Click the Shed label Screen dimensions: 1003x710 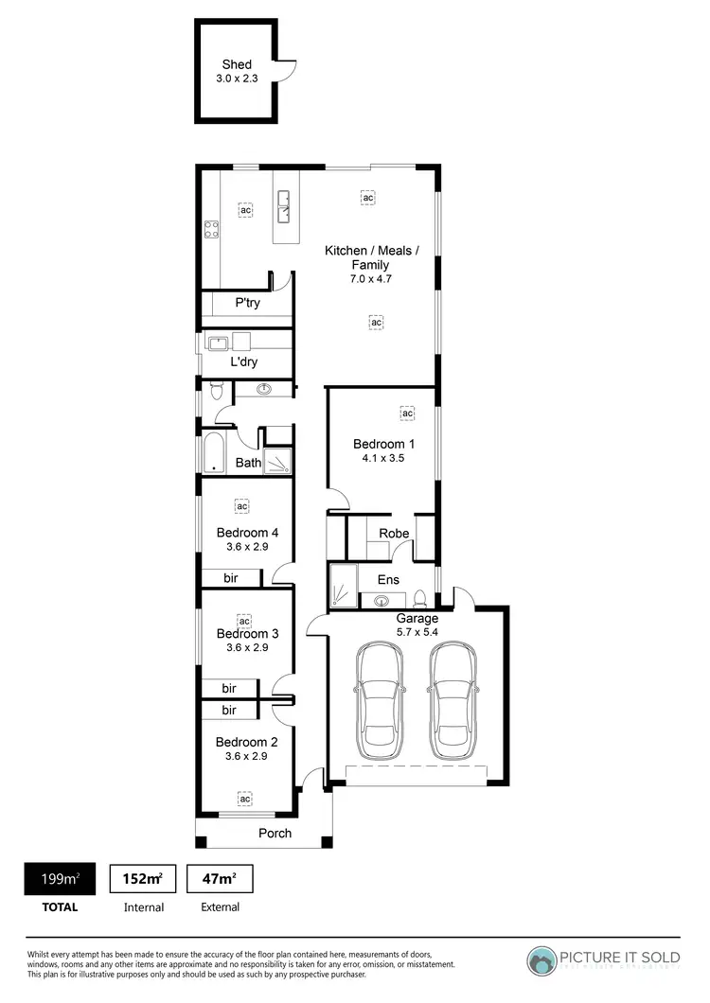237,64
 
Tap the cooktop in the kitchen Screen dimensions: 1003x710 212,228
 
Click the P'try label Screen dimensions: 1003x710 248,303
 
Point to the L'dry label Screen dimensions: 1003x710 244,361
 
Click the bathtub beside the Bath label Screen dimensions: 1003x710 212,451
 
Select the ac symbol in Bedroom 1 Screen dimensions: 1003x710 408,414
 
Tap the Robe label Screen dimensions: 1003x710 394,534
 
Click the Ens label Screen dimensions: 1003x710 388,579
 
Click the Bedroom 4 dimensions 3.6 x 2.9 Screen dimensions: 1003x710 247,546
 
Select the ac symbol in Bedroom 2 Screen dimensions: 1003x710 244,800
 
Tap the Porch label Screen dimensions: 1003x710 275,833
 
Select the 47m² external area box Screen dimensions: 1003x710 220,880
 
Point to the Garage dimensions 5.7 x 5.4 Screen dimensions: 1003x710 417,632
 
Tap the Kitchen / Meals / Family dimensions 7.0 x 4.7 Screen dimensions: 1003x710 370,279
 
